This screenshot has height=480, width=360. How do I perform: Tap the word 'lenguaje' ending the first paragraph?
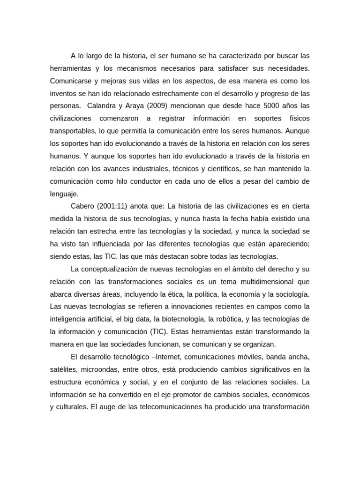pos(65,193)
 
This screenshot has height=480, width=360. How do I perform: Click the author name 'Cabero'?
pos(83,206)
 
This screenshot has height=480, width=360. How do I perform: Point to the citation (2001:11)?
pos(113,206)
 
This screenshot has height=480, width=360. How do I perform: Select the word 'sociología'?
pos(291,294)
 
